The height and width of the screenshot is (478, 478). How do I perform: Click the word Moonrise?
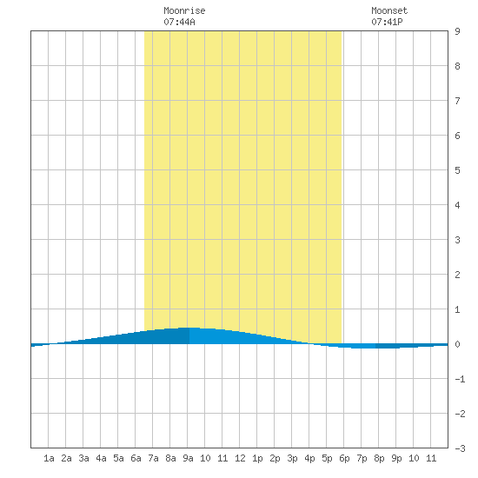pos(184,10)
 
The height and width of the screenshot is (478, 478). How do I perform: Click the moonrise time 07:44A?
pos(179,22)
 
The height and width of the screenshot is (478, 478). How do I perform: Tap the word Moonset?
pos(389,10)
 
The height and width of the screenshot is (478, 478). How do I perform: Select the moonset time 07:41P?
pos(387,22)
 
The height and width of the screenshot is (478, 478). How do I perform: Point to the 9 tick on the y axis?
pos(457,31)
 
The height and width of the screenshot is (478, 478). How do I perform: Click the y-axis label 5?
pos(457,170)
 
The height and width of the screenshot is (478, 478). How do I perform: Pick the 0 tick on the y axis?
pos(457,344)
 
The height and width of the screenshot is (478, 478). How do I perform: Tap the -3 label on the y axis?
pos(460,448)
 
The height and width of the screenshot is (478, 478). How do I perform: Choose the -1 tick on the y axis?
pos(460,379)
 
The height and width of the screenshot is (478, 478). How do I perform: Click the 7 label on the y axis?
pos(457,101)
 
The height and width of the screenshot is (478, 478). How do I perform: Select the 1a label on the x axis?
pos(49,458)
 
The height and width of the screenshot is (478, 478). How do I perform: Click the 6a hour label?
pos(136,458)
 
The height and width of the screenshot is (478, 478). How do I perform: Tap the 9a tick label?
pos(188,458)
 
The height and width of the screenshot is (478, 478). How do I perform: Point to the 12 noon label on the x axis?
pos(240,458)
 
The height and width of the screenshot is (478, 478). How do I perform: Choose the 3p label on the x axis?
pos(292,458)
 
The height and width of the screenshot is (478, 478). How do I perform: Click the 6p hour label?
pos(344,458)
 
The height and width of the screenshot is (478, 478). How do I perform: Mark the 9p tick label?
pos(396,458)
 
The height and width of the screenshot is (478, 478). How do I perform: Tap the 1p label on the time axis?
pos(257,458)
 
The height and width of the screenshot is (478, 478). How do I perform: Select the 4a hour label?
pos(101,458)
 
